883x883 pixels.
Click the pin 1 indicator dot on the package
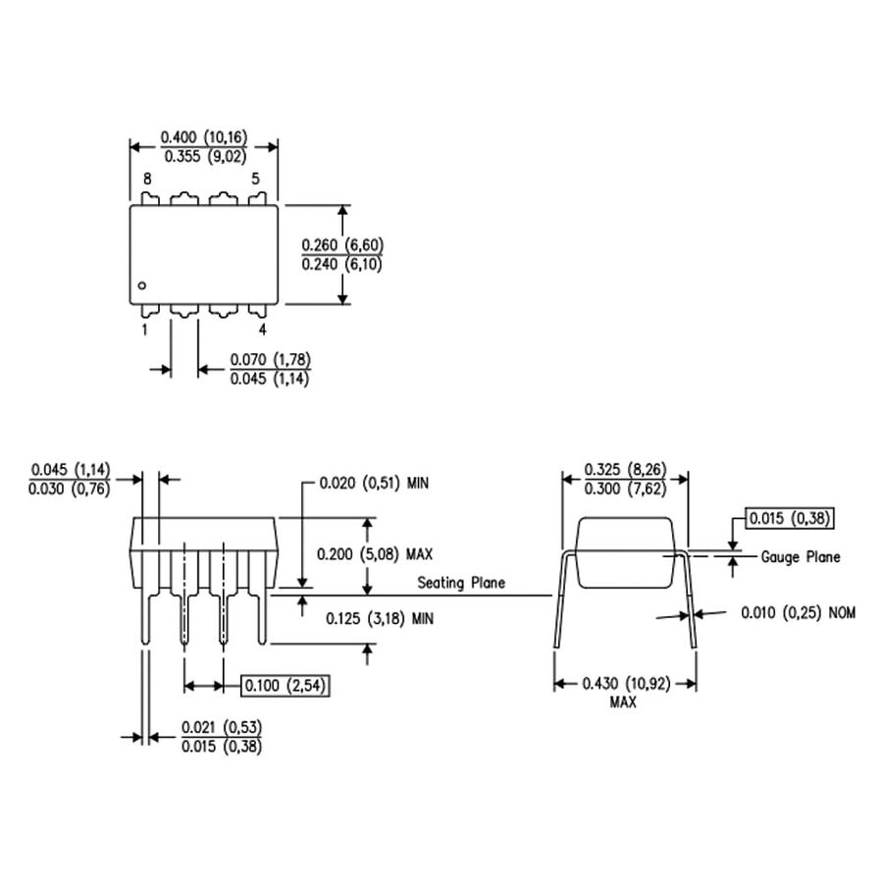(x=142, y=286)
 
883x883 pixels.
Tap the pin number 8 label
(x=147, y=180)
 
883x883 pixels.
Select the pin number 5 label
(x=255, y=180)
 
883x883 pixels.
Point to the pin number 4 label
(x=262, y=330)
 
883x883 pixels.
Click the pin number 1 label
(x=144, y=330)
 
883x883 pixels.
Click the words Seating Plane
(x=461, y=583)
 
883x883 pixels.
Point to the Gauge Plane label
(x=801, y=556)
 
